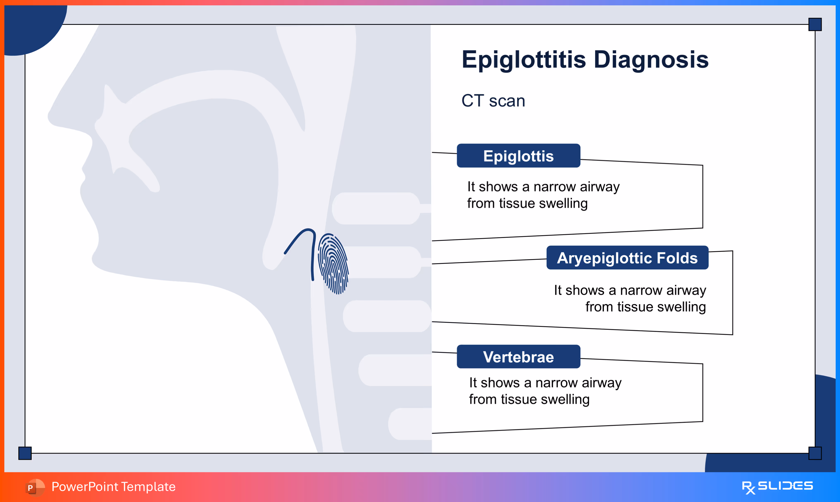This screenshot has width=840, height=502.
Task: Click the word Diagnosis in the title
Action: (x=651, y=60)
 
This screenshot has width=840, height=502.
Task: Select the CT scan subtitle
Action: (x=493, y=101)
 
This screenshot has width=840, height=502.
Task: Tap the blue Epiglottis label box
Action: (x=518, y=156)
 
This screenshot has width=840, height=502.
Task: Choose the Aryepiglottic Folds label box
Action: (x=627, y=258)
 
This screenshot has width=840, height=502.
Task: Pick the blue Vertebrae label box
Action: (x=518, y=357)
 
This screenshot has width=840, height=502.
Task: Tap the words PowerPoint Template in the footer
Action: (x=114, y=487)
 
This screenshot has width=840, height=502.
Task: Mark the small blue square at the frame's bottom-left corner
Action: (x=25, y=453)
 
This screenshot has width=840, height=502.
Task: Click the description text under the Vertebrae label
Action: (x=545, y=391)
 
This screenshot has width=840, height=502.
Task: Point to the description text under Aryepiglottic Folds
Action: (x=630, y=298)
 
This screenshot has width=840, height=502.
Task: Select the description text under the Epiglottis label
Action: (x=543, y=195)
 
